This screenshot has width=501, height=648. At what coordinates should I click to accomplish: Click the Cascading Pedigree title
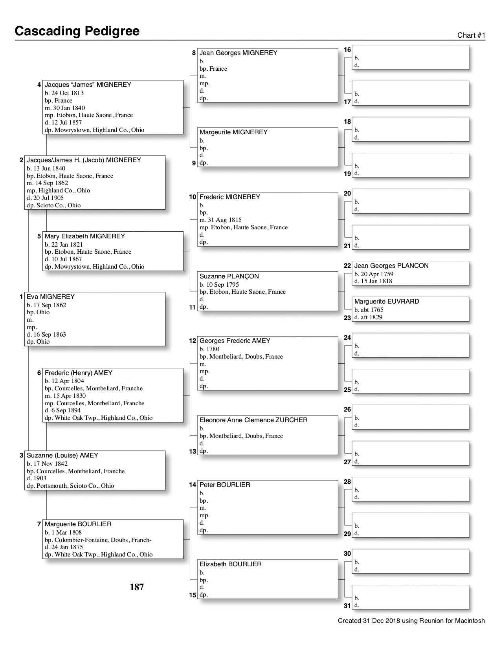pyautogui.click(x=77, y=31)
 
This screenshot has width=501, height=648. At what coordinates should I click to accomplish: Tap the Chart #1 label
pyautogui.click(x=471, y=35)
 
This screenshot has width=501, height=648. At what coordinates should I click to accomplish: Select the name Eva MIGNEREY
pyautogui.click(x=50, y=297)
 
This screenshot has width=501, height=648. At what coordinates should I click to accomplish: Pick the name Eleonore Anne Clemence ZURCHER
pyautogui.click(x=253, y=420)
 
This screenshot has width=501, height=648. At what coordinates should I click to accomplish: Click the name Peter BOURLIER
pyautogui.click(x=224, y=485)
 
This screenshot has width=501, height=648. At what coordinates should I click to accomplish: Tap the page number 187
pyautogui.click(x=137, y=587)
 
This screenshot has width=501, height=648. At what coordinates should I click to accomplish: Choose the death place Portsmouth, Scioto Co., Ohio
pyautogui.click(x=70, y=486)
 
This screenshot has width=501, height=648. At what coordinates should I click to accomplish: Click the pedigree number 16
pyautogui.click(x=347, y=49)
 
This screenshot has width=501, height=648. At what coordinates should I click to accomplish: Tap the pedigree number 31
pyautogui.click(x=347, y=606)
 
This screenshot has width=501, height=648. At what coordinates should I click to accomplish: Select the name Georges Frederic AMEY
pyautogui.click(x=235, y=341)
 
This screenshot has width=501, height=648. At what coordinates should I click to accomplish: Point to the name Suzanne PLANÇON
pyautogui.click(x=229, y=276)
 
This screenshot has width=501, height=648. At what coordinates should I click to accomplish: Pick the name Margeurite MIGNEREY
pyautogui.click(x=233, y=132)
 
